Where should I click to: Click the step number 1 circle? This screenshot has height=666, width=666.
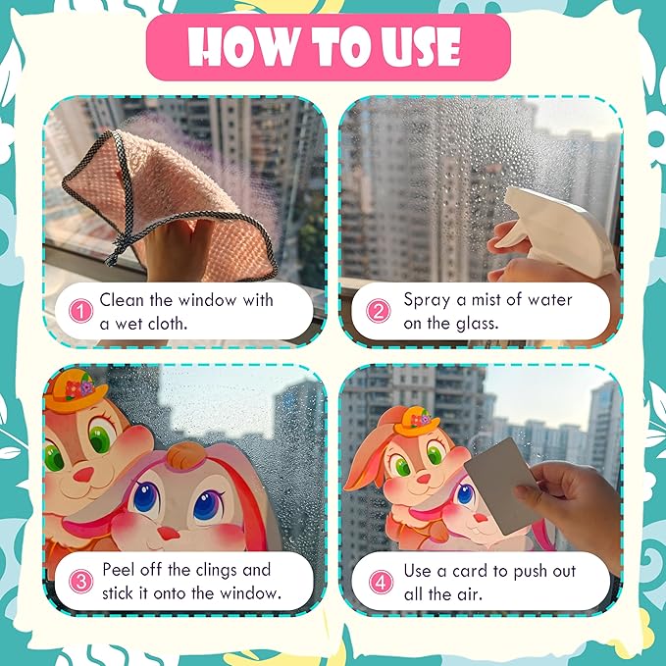coord(80,311)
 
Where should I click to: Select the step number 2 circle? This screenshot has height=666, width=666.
coord(378,311)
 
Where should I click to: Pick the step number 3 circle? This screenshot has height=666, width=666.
coord(80,581)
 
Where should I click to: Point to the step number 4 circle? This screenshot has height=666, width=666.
coord(381,582)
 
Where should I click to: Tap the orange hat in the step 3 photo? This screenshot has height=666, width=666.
coord(76,390)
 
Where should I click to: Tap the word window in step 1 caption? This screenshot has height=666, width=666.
coord(207,300)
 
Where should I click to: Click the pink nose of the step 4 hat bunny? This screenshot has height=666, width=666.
coord(423,479)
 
